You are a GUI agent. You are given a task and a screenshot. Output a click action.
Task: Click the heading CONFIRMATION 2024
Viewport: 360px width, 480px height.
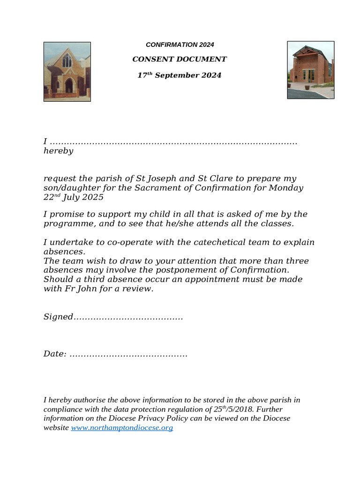[180, 45]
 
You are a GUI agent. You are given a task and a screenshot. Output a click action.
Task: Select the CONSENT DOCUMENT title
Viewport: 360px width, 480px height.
[180, 59]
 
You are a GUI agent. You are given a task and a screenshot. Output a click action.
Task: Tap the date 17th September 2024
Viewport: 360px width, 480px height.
[180, 75]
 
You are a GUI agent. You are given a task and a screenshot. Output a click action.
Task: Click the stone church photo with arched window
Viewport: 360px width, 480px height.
[67, 72]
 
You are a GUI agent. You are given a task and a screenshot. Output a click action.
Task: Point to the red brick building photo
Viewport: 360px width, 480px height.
[310, 70]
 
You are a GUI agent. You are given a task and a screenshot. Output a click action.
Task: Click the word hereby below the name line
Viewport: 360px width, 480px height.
[58, 151]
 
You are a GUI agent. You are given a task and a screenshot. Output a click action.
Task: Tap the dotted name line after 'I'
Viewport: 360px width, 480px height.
[173, 142]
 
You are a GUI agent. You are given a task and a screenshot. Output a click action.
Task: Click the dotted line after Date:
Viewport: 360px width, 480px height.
[128, 354]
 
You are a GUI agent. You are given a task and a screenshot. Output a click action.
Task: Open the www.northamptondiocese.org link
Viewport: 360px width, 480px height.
[122, 428]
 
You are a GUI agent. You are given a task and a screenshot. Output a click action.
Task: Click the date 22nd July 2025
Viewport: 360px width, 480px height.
[74, 197]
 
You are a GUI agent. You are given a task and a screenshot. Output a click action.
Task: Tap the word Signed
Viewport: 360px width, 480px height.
[58, 317]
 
